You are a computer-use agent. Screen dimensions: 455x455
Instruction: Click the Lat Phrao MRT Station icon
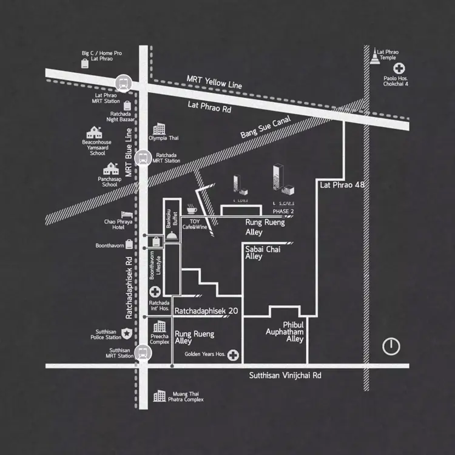point(125,82)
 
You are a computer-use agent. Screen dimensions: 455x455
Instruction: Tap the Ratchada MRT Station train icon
point(143,158)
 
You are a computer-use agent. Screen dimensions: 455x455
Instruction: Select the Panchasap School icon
point(111,168)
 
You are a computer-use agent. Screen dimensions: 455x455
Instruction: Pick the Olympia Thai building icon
point(159,129)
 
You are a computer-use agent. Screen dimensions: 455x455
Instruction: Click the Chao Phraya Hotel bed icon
point(127,215)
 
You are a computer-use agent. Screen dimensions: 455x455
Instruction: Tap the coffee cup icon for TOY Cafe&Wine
point(192,209)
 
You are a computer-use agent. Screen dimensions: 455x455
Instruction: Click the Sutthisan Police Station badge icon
point(126,332)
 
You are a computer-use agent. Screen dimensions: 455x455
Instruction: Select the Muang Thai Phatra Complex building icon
point(160,396)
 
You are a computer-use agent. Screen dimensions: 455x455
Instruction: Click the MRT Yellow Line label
point(215,83)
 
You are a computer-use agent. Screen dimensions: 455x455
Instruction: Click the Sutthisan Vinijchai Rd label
point(285,376)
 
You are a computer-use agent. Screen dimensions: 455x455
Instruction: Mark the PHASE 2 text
point(283,211)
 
